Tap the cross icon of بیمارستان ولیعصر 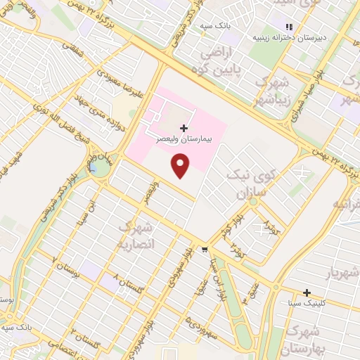184,128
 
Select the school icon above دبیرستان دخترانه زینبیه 288,27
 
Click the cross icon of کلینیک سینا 307,292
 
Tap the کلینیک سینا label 305,303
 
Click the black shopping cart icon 205,249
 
